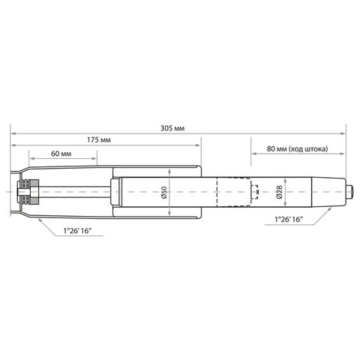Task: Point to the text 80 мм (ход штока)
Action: [297, 148]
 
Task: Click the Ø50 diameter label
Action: [165, 193]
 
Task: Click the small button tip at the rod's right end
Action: [349, 193]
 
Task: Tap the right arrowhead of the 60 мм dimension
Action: [95, 160]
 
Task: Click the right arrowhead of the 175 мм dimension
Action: [199, 146]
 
